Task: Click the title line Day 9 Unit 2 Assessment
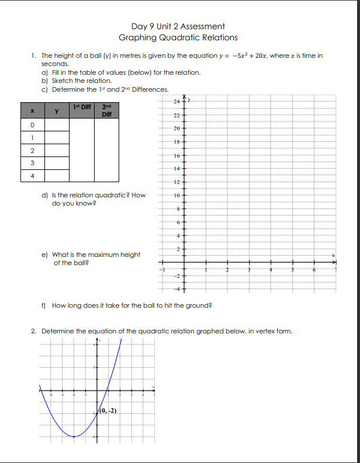[178, 26]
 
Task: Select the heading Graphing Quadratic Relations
[178, 37]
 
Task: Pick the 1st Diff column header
[81, 106]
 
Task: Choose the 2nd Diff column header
[106, 110]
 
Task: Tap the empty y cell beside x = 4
[57, 175]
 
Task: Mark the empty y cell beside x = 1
[57, 137]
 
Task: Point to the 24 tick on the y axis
[176, 103]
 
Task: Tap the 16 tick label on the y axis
[176, 155]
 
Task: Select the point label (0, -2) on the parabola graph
[108, 410]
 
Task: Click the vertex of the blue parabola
[74, 436]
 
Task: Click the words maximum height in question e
[113, 255]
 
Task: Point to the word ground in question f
[197, 305]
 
